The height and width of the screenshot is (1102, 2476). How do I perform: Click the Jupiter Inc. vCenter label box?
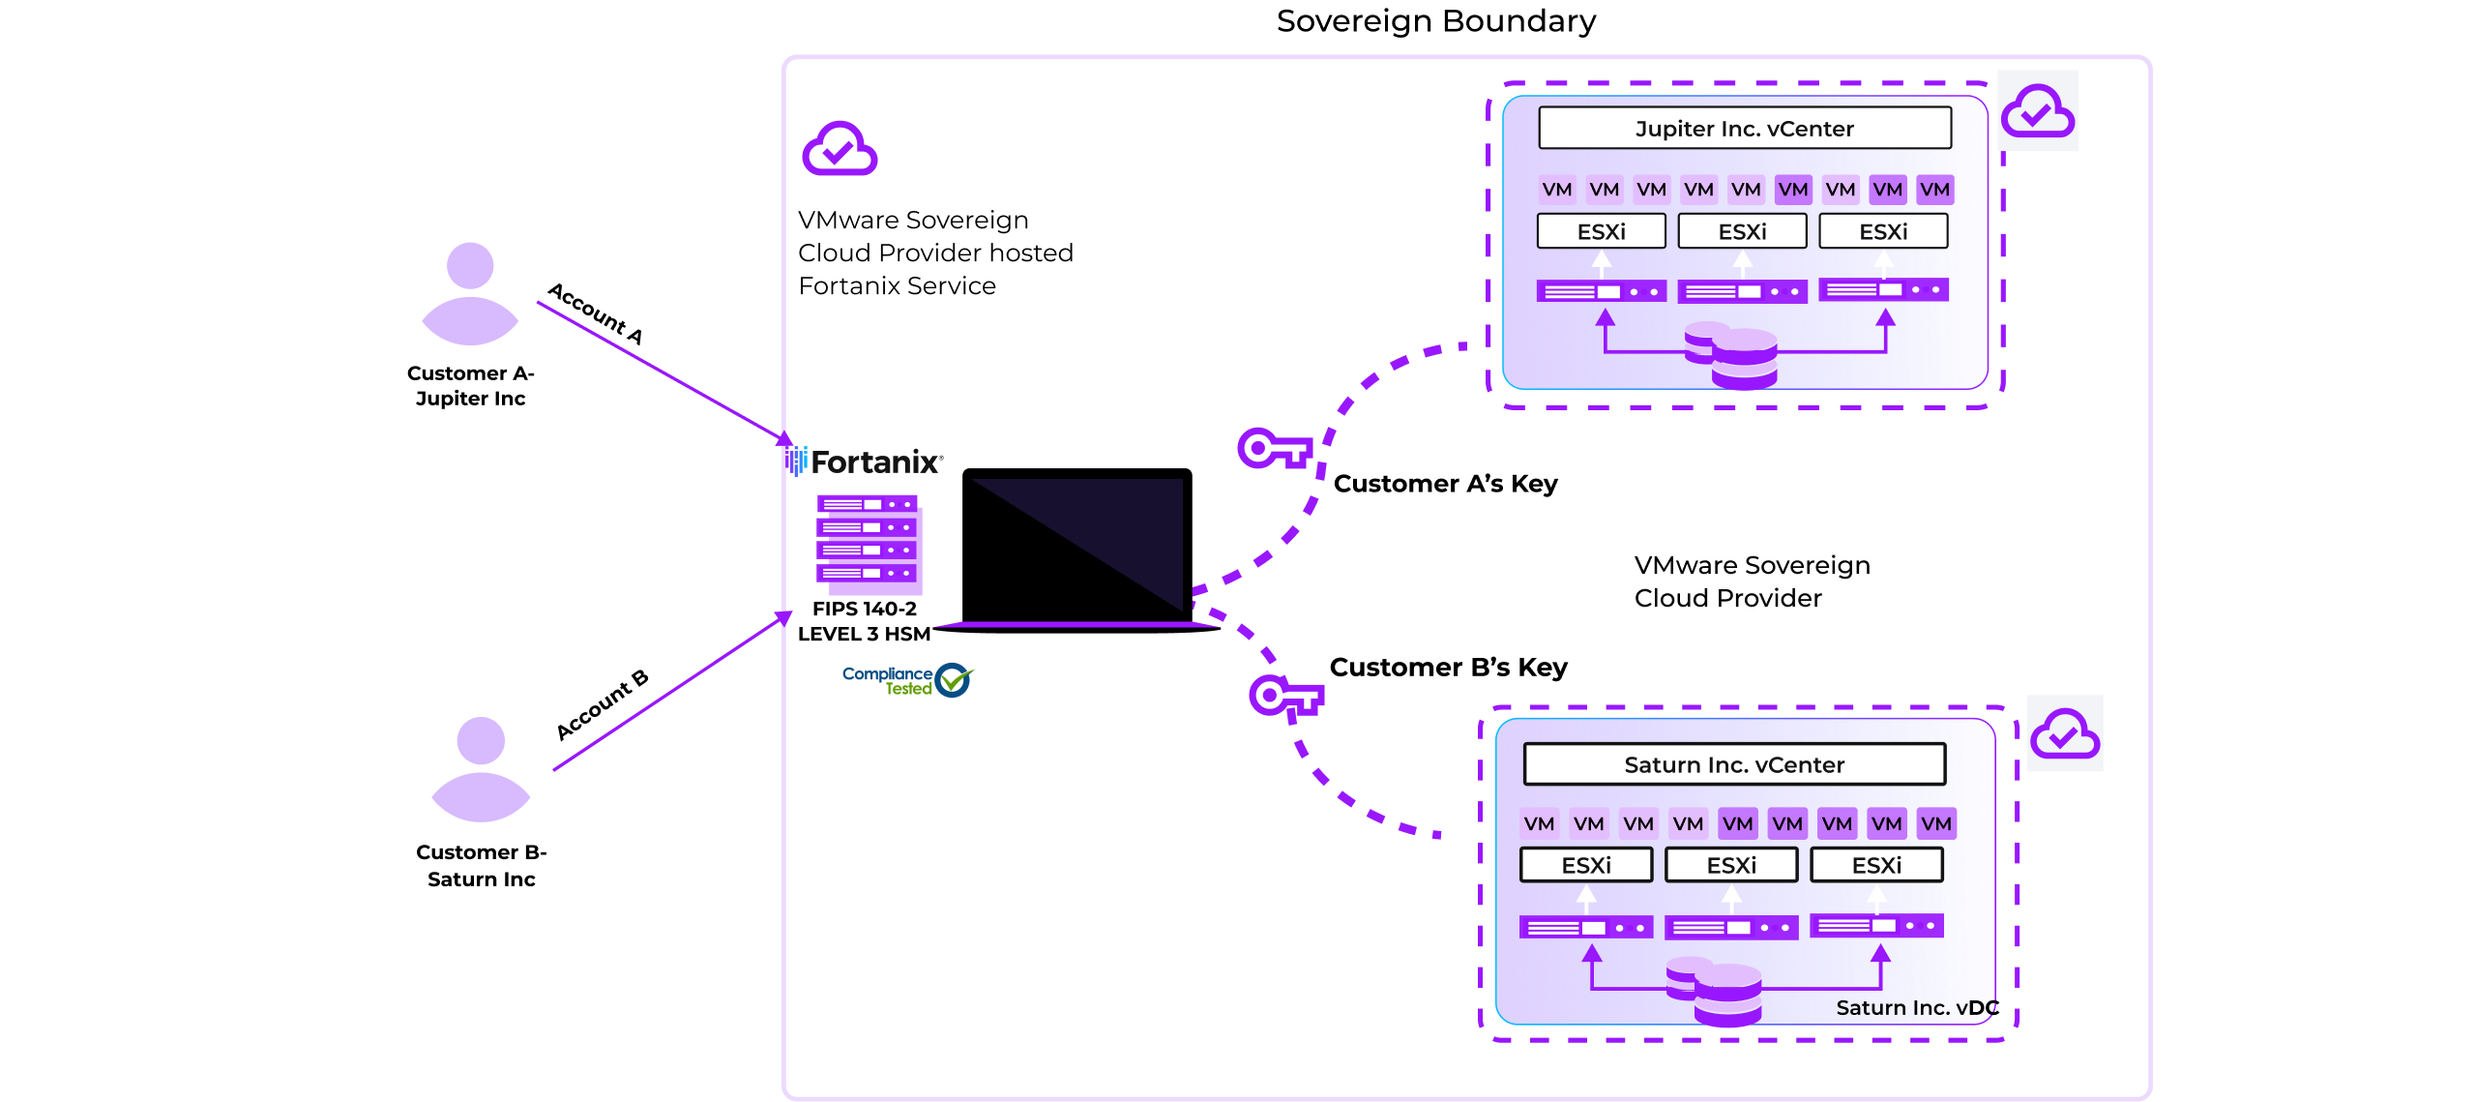(x=1745, y=129)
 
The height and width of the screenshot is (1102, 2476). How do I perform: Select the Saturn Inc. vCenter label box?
(x=1734, y=764)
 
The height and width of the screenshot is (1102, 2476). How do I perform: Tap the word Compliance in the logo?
(x=887, y=673)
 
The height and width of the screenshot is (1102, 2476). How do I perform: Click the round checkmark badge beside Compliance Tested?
(x=954, y=680)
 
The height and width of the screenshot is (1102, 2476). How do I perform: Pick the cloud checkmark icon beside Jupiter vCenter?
(x=2037, y=112)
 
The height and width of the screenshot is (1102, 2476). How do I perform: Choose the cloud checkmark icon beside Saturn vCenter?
(x=2064, y=735)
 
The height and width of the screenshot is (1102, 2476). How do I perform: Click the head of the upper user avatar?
(x=471, y=265)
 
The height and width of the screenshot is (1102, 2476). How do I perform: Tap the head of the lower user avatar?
(x=481, y=740)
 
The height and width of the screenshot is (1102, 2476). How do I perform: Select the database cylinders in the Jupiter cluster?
(x=1732, y=356)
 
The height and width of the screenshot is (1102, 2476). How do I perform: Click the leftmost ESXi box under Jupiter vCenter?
(x=1602, y=232)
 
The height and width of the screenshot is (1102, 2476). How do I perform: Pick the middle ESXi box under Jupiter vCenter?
(x=1742, y=232)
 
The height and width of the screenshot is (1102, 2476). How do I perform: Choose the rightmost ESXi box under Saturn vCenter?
(x=1876, y=865)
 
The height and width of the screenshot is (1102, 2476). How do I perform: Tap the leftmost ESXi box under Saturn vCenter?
(x=1586, y=865)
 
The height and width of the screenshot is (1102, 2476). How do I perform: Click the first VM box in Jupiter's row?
(x=1557, y=190)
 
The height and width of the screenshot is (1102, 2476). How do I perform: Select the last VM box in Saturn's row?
(x=1936, y=823)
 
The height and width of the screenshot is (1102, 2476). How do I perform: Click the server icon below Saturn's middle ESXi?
(x=1731, y=928)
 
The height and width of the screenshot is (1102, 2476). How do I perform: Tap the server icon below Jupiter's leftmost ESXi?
(x=1602, y=291)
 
